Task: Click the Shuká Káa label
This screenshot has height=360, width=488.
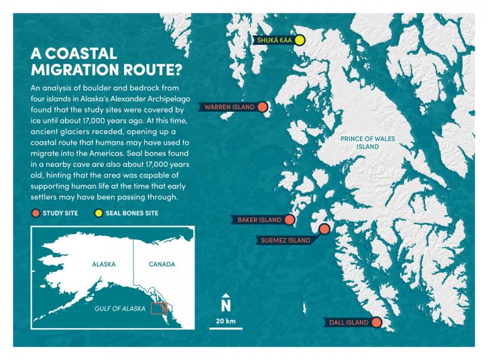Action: tap(274, 41)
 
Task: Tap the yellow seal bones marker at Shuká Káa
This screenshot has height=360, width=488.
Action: tap(300, 41)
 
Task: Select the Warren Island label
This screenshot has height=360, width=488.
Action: tap(230, 107)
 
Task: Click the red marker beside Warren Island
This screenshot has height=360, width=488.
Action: tap(263, 107)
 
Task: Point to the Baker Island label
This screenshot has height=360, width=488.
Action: tap(259, 220)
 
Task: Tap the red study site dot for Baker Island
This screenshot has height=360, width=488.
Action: tap(290, 220)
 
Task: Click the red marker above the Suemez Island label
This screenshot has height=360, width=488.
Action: tap(324, 229)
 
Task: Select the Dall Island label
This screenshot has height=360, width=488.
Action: tap(348, 322)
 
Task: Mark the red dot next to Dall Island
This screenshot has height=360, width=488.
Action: tap(377, 322)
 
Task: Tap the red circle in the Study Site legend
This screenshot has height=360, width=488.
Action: tap(35, 213)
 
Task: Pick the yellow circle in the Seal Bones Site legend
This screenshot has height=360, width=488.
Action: tap(98, 213)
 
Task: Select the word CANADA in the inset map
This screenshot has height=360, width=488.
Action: tap(161, 264)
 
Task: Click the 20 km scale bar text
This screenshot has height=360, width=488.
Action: tap(226, 320)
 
